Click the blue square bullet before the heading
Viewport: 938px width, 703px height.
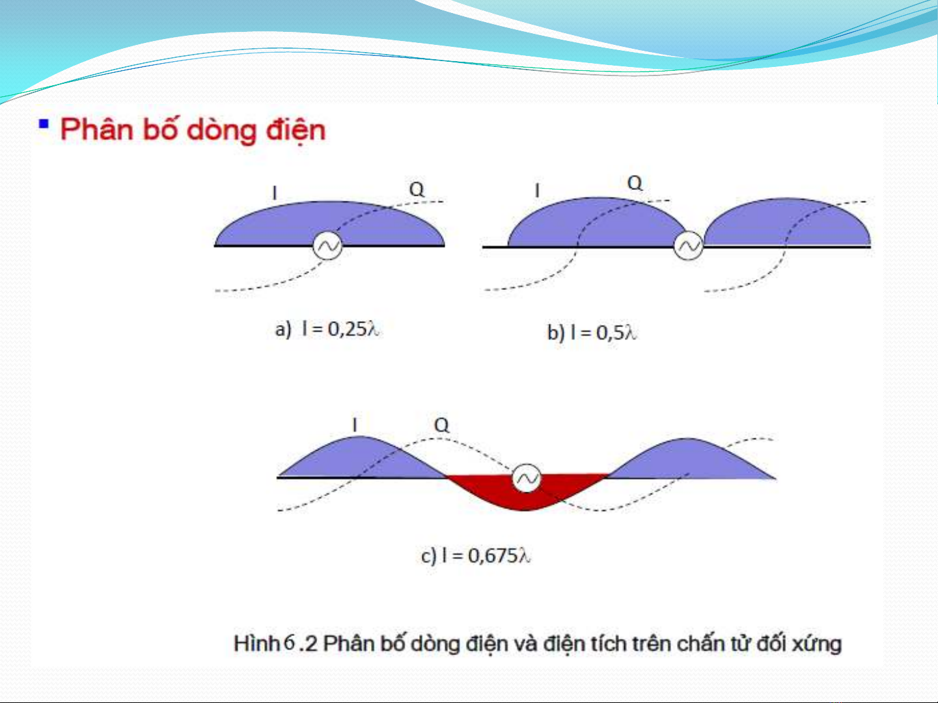point(44,124)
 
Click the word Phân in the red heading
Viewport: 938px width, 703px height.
point(96,129)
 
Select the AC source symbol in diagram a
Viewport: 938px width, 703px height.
point(327,246)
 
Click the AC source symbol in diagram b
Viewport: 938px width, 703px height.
point(688,246)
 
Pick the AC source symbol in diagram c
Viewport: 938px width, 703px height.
point(527,478)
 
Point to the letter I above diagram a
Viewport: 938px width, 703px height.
point(275,193)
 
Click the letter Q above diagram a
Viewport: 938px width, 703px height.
point(417,189)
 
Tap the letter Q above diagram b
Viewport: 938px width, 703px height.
point(635,183)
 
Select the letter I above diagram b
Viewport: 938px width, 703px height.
point(538,190)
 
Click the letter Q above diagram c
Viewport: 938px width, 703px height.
point(441,425)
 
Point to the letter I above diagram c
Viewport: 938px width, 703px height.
point(355,425)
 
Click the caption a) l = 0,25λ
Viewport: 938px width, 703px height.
point(327,329)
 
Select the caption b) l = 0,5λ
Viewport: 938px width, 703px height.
point(592,332)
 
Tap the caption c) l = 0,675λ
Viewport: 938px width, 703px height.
point(476,556)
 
